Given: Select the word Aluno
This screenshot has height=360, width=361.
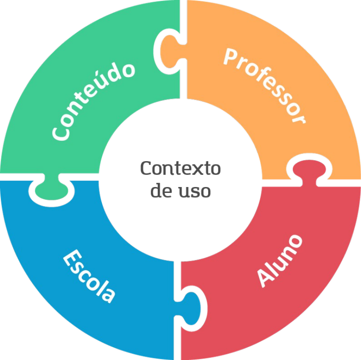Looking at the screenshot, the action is [280, 260].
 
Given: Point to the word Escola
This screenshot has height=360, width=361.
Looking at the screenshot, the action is [90, 276].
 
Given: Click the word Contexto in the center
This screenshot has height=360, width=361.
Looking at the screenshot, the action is [180, 168].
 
